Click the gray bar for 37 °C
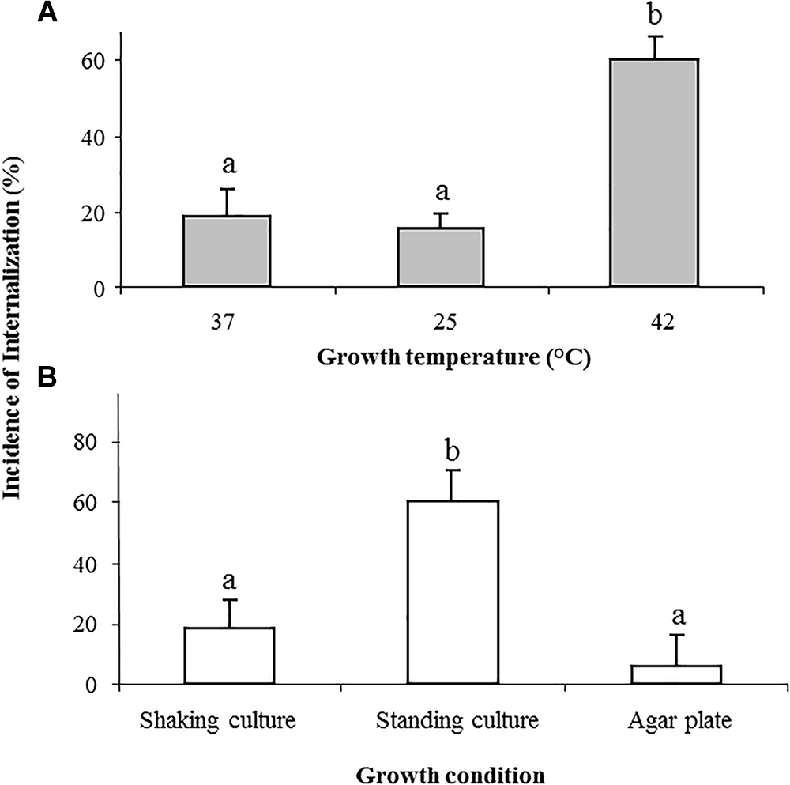[227, 251]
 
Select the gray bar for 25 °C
[440, 257]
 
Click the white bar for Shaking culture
[229, 655]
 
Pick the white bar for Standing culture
[453, 592]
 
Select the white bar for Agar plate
[676, 674]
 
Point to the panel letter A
[49, 13]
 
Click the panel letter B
[49, 378]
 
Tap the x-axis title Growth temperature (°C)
[454, 357]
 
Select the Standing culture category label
[457, 720]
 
